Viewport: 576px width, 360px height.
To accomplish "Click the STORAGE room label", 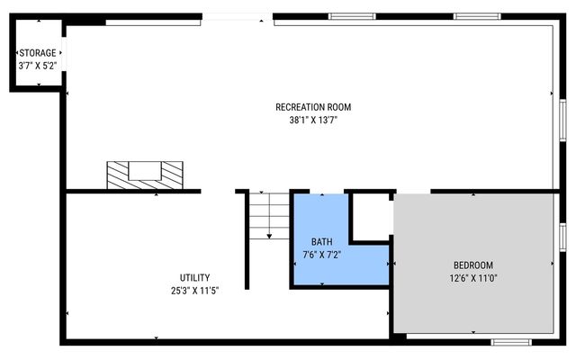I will (37, 53).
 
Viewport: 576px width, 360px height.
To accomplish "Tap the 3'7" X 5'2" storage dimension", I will (37, 66).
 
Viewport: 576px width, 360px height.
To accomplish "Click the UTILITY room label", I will (195, 277).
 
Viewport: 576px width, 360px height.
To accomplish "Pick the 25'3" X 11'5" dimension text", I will (195, 290).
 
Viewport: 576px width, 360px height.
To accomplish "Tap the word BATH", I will (321, 242).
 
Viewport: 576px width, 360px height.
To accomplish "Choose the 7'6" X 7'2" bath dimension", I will (321, 255).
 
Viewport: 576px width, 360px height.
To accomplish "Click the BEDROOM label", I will (472, 265).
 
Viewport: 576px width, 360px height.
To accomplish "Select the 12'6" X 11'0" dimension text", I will (472, 278).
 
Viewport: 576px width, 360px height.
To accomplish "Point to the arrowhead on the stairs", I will (269, 234).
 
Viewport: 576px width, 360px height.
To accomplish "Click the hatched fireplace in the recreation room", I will (117, 174).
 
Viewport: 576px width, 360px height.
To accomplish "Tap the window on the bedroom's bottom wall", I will (510, 342).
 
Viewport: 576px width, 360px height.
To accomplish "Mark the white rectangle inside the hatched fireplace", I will (144, 171).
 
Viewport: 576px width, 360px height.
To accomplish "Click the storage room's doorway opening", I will (64, 63).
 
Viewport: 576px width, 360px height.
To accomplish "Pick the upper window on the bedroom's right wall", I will (561, 236).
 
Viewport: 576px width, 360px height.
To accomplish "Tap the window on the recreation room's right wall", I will (561, 120).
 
